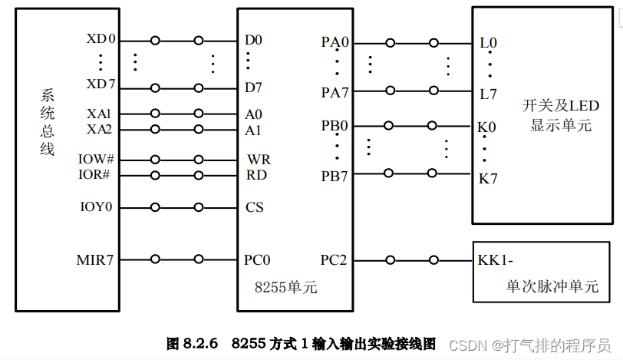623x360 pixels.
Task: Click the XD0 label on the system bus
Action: tap(101, 39)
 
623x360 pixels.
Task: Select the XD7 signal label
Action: tap(101, 83)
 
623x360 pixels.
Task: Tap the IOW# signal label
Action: tap(96, 160)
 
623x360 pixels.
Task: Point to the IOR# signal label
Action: tap(95, 174)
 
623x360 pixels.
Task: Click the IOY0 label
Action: tap(96, 207)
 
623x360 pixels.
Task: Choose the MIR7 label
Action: tap(95, 259)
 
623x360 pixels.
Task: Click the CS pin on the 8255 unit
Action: tap(254, 207)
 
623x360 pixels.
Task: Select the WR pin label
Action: tap(258, 160)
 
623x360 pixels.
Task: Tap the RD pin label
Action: tap(256, 174)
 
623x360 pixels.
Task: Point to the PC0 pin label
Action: tap(257, 260)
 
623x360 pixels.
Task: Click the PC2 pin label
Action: tap(334, 260)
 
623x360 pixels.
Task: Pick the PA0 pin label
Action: tap(335, 42)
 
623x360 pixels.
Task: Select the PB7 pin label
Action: tap(335, 175)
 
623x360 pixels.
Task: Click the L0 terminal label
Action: tap(488, 42)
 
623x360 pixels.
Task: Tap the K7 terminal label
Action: tap(488, 179)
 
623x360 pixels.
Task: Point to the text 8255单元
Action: tap(285, 288)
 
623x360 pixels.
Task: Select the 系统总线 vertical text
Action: tap(48, 122)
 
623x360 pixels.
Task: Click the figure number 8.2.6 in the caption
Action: tap(203, 343)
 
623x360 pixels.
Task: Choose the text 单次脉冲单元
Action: tap(552, 287)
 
